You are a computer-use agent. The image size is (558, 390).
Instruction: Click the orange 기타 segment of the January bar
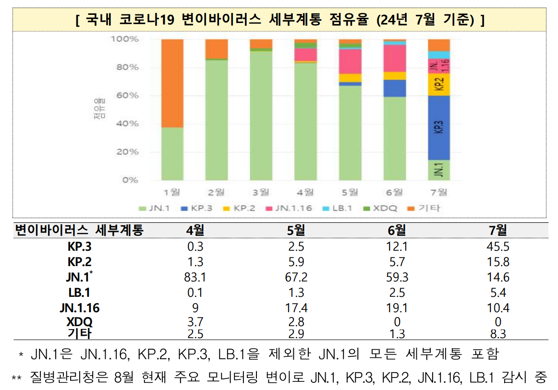[x=172, y=83]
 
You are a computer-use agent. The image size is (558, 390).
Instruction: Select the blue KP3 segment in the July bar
[x=438, y=128]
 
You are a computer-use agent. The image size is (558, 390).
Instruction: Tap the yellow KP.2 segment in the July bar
[x=438, y=85]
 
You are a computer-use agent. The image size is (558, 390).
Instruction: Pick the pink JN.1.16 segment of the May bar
[x=350, y=61]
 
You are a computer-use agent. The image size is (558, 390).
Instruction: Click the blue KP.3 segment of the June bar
[x=394, y=88]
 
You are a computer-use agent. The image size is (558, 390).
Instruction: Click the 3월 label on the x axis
[x=261, y=193]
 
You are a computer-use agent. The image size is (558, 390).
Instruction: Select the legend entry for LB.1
[x=340, y=208]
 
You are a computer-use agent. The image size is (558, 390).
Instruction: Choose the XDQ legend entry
[x=382, y=208]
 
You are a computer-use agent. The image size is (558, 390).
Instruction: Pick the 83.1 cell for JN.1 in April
[x=195, y=278]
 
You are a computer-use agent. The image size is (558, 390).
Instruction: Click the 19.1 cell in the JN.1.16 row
[x=396, y=308]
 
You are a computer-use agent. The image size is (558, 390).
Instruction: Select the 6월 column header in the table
[x=396, y=231]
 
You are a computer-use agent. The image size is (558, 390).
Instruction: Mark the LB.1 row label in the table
[x=78, y=292]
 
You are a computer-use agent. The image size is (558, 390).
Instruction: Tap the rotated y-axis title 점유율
[x=99, y=110]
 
